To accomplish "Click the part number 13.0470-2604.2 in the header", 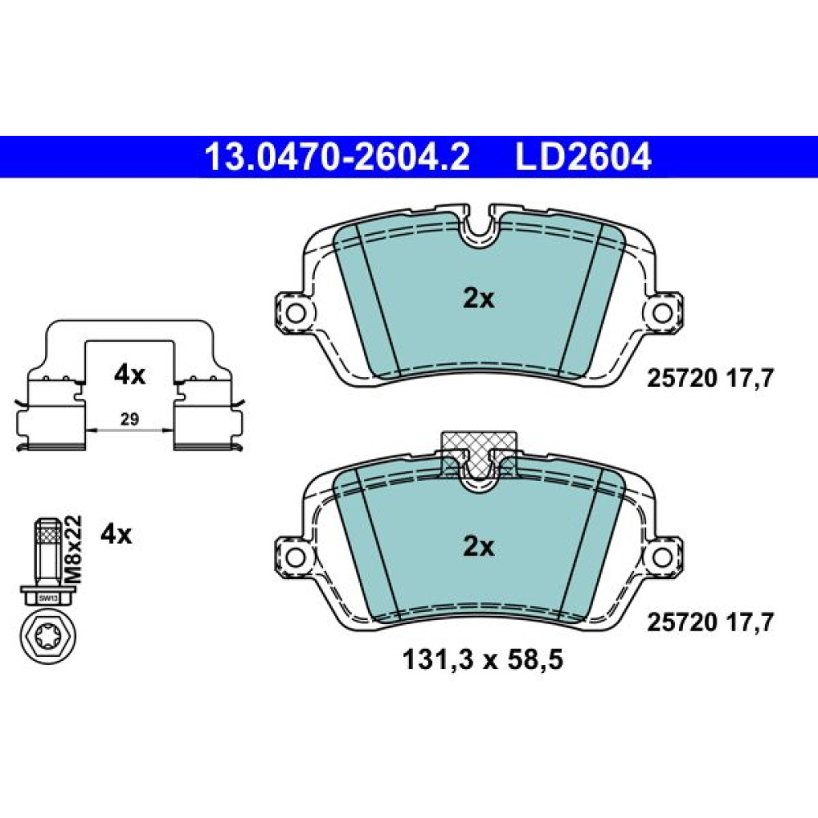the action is (337, 157).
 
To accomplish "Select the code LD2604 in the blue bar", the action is (583, 157).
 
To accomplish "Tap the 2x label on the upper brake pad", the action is (479, 299).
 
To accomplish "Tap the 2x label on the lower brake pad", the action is (479, 546).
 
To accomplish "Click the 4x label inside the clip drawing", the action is (129, 375).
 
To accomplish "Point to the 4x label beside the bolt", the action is (116, 534).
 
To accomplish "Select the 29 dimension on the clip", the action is (129, 418).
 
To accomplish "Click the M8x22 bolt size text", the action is (74, 549).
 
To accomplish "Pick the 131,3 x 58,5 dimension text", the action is (483, 660).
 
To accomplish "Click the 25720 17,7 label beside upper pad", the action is (710, 378).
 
